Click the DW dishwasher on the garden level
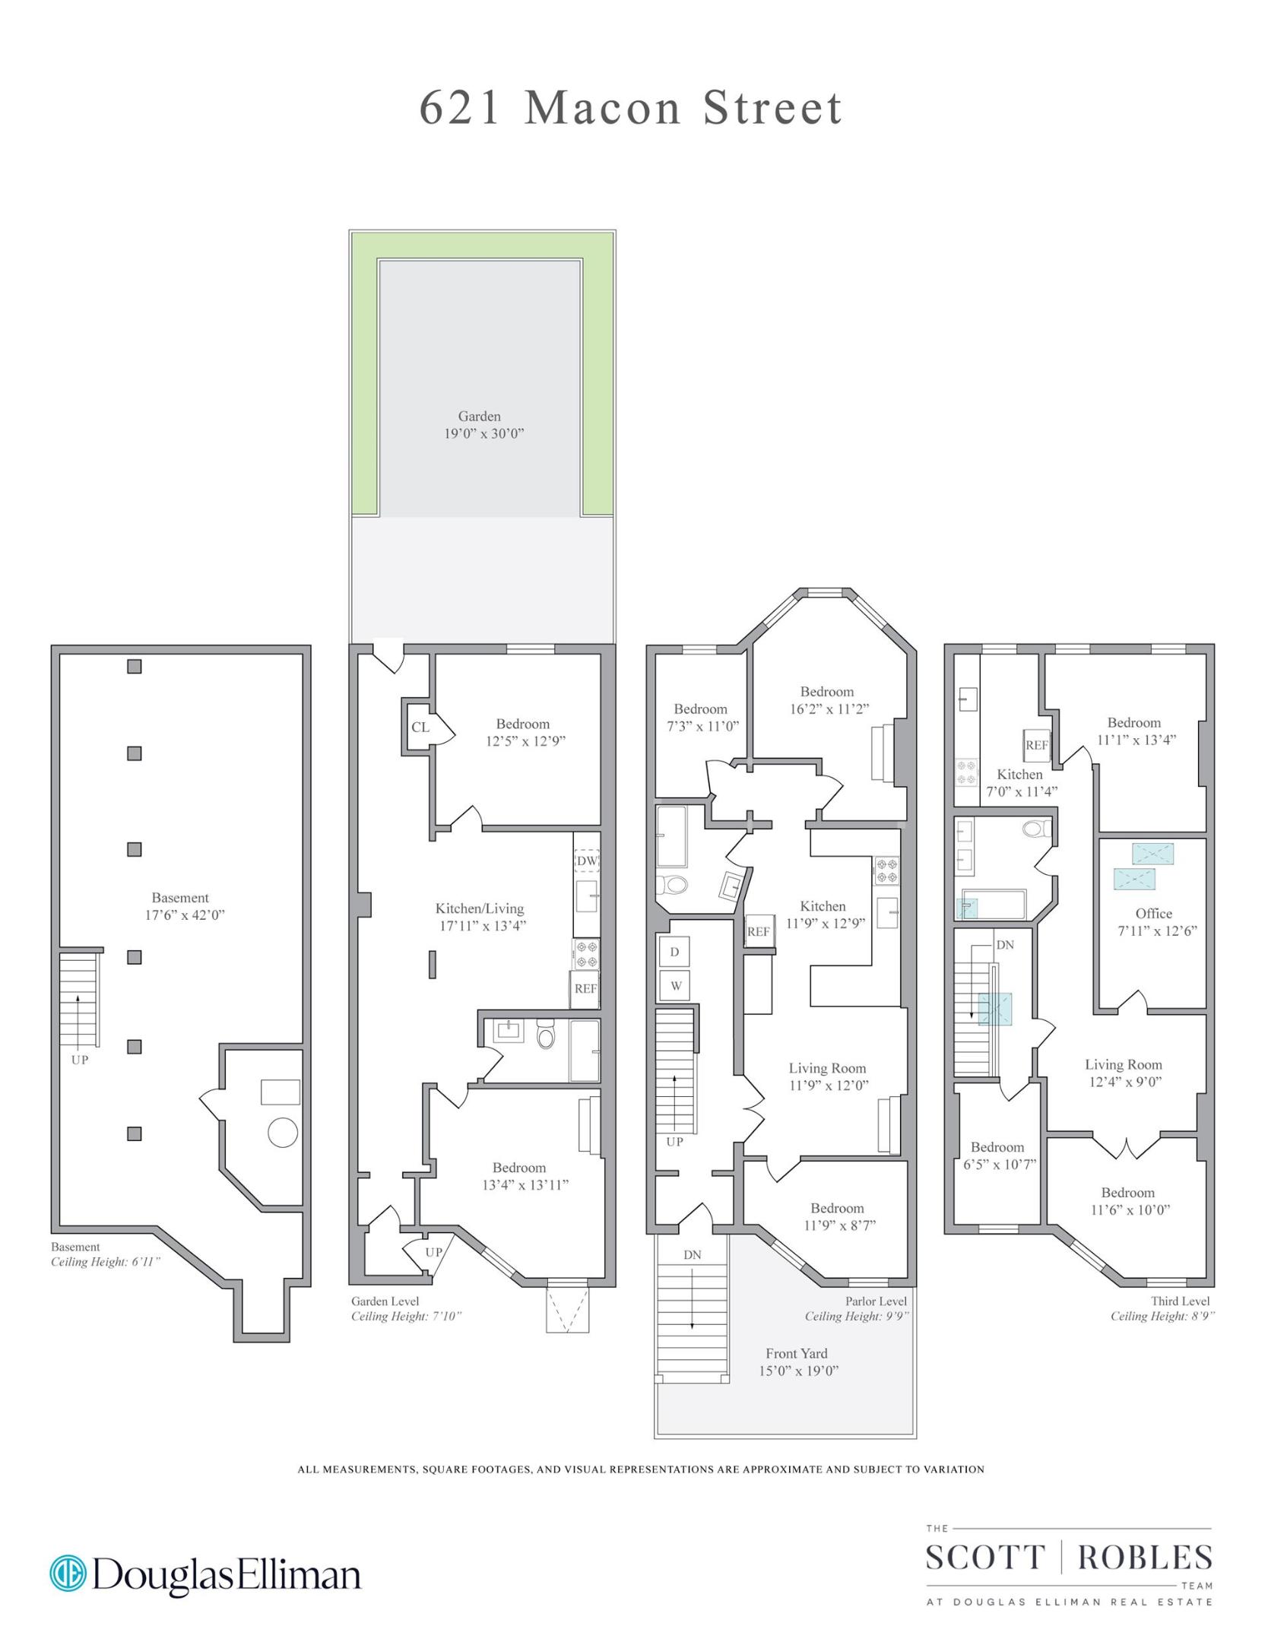[x=587, y=861]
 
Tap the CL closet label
[x=420, y=727]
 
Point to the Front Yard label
[x=797, y=1353]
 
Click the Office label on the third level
[x=1153, y=914]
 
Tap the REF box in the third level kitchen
[x=1037, y=745]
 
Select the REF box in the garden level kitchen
[x=585, y=989]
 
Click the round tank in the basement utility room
[x=283, y=1133]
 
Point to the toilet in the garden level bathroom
[x=546, y=1035]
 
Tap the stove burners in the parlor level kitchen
[x=886, y=870]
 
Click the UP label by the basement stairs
[x=80, y=1060]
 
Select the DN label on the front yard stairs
[x=692, y=1255]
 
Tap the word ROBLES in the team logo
[x=1145, y=1558]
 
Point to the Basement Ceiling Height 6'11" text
[x=106, y=1262]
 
